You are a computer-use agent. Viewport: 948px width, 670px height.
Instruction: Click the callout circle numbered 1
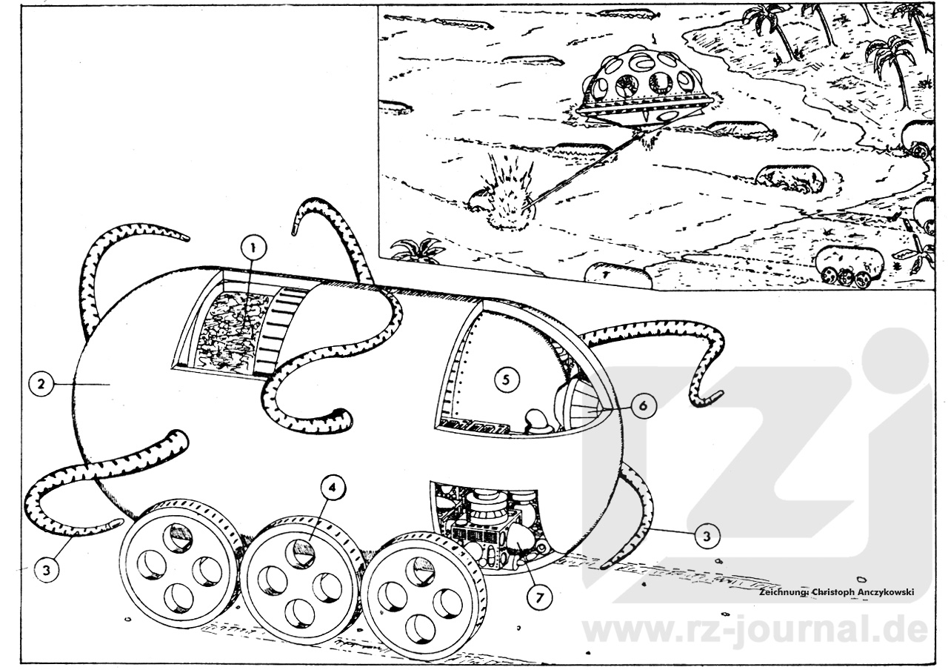(x=253, y=248)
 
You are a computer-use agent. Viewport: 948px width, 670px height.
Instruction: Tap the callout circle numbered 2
(x=41, y=384)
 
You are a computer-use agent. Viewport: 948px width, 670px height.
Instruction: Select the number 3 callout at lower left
(x=47, y=570)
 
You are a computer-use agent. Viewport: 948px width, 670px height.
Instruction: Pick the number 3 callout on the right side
(x=706, y=536)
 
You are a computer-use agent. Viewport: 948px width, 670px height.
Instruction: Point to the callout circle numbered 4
(x=333, y=488)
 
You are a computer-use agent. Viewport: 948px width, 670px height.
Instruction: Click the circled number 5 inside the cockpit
(x=507, y=379)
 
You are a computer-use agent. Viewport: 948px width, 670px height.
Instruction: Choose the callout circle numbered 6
(x=643, y=405)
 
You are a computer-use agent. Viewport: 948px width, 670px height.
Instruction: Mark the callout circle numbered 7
(x=540, y=597)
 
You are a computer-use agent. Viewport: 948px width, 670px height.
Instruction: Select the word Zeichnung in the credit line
(x=784, y=591)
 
